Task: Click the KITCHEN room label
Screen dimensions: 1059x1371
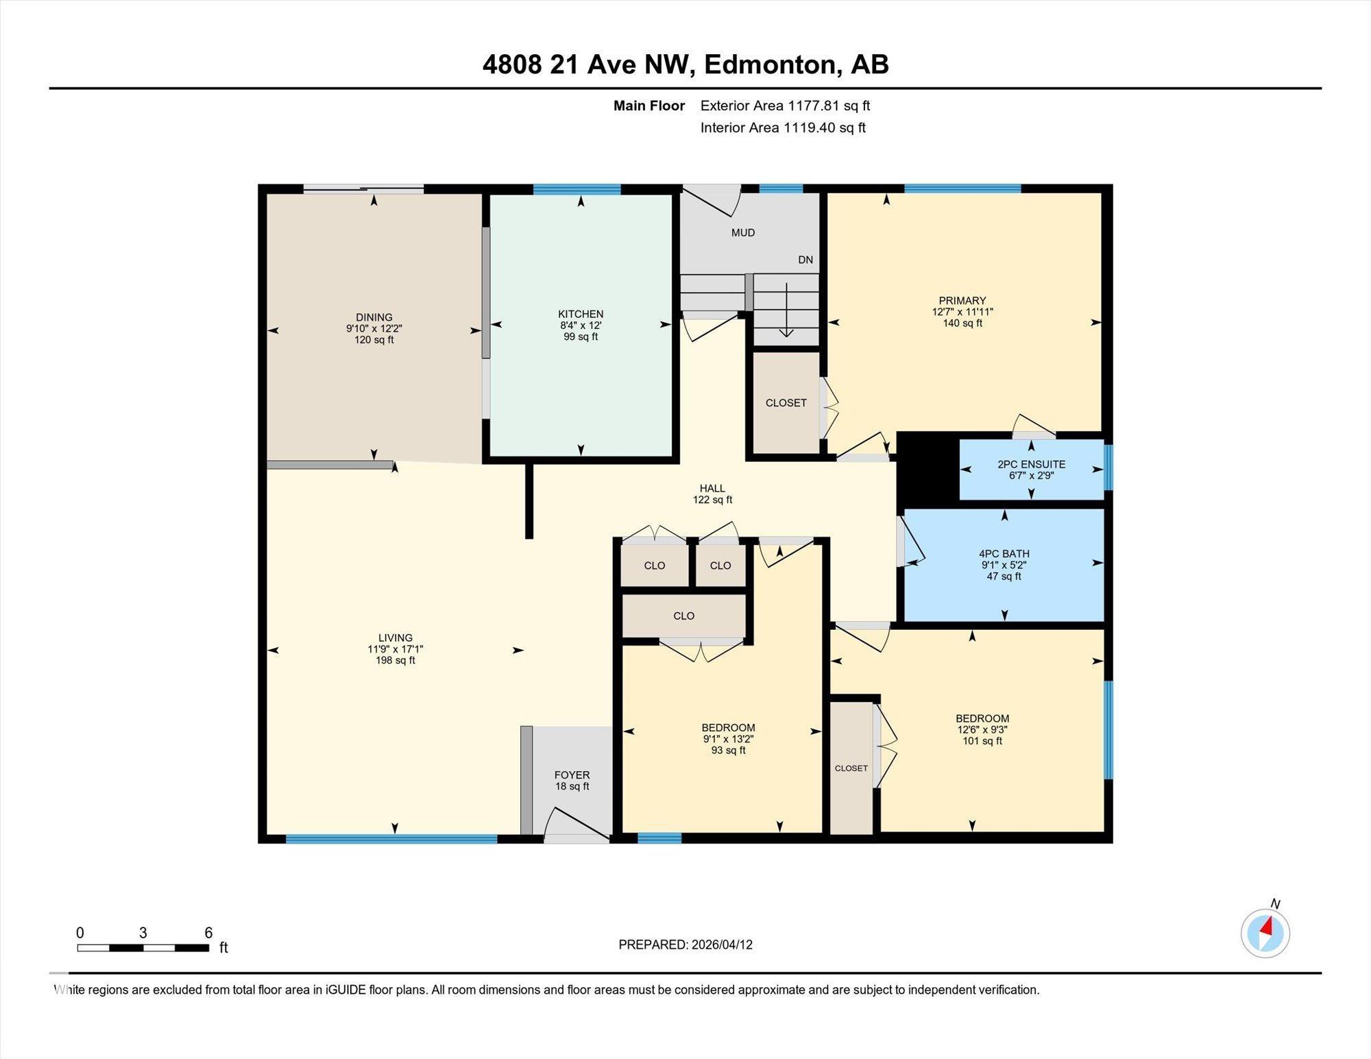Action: (581, 314)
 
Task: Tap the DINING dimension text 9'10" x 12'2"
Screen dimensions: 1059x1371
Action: (374, 328)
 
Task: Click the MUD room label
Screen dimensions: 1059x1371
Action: (742, 232)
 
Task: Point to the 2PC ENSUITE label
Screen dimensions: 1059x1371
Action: (1031, 464)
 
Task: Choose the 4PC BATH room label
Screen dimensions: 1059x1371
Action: (1004, 553)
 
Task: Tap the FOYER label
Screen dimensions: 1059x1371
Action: (572, 775)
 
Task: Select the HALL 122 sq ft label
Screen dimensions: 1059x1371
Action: (712, 494)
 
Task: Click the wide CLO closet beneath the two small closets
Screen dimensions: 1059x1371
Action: (683, 616)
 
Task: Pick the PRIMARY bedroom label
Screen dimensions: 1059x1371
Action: (962, 300)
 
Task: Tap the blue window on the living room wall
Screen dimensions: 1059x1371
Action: (391, 838)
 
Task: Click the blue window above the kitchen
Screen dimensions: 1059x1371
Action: (577, 189)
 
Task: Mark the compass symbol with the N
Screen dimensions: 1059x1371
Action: (1265, 932)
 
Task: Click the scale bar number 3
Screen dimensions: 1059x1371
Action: (143, 932)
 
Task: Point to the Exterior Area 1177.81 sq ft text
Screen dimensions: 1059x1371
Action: (785, 106)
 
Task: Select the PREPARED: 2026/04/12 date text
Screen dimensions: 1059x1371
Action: (685, 945)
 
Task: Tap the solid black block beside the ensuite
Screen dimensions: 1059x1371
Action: (926, 470)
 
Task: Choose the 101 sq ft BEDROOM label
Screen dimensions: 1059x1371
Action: (982, 729)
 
